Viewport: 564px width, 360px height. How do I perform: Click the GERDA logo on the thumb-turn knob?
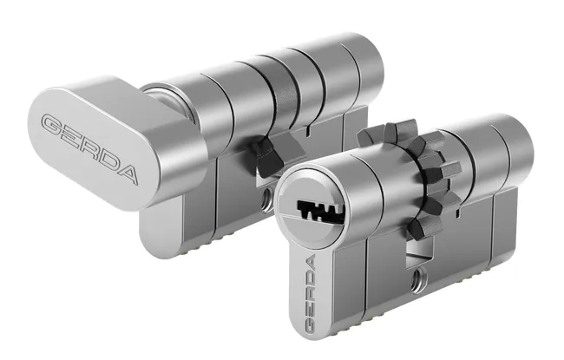coord(89,147)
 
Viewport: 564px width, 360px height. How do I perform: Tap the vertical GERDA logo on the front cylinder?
coord(310,292)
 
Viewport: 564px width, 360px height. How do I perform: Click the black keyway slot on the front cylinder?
coord(320,211)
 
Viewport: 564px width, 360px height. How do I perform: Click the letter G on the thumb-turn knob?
coord(53,125)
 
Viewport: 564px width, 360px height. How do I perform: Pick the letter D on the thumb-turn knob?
coord(107,160)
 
